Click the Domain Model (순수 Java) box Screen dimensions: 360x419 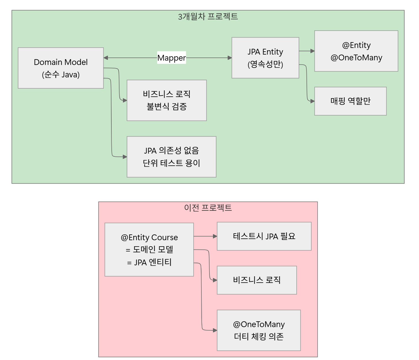(x=61, y=68)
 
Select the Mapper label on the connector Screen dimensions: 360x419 (x=171, y=58)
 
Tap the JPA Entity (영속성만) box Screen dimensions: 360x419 (x=265, y=58)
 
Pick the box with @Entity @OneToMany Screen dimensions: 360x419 (x=356, y=51)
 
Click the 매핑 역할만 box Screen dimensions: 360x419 (x=350, y=101)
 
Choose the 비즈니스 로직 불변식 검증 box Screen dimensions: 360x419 (x=167, y=100)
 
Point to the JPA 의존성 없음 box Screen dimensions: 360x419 (x=171, y=157)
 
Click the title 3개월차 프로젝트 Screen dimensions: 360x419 (x=208, y=16)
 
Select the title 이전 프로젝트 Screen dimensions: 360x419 (x=208, y=208)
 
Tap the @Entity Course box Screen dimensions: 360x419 (x=149, y=249)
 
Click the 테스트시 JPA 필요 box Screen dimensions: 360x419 (x=264, y=236)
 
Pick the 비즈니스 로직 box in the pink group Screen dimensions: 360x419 (x=257, y=280)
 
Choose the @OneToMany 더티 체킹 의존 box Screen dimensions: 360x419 (x=259, y=330)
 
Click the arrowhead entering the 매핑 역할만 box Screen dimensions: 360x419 (x=312, y=101)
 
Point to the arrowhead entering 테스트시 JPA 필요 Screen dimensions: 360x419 (x=215, y=236)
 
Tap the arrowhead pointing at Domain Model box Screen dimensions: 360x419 (x=106, y=58)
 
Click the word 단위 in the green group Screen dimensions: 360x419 (x=150, y=163)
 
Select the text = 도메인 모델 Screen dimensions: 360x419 (x=149, y=249)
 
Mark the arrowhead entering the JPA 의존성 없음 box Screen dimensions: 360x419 (x=125, y=157)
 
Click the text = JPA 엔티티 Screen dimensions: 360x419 (x=149, y=262)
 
